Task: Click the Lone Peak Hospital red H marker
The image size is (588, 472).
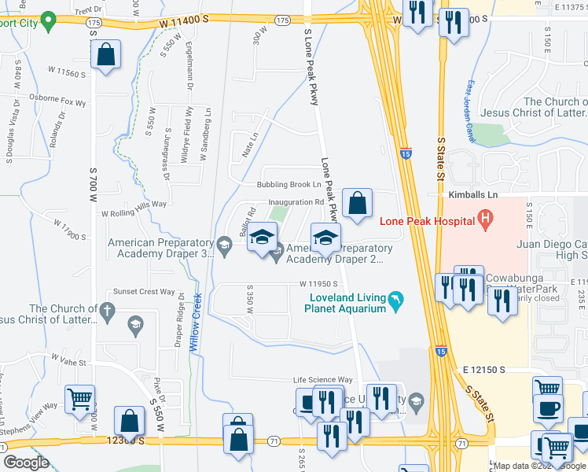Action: click(485, 219)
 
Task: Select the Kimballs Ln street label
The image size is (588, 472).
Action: click(472, 194)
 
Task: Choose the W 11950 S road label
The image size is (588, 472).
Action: click(318, 284)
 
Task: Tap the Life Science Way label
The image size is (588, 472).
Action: click(323, 380)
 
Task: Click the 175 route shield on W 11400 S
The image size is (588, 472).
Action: click(94, 24)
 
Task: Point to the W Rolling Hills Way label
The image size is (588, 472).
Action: click(134, 204)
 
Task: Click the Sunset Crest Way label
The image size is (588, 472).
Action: click(145, 291)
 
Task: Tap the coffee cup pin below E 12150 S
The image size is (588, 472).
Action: click(549, 408)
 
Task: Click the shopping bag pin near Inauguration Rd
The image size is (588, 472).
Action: click(358, 204)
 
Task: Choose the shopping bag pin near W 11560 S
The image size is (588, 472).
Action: click(106, 55)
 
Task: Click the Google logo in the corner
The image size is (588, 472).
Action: click(26, 463)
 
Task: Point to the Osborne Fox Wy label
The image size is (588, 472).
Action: click(57, 101)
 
